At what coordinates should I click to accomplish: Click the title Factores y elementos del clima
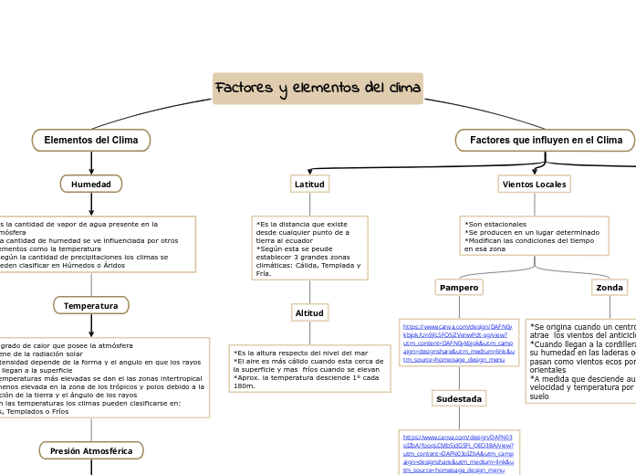318,89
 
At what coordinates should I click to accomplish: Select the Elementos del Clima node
91,140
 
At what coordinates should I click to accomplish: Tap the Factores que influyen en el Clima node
545,140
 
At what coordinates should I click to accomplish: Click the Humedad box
91,185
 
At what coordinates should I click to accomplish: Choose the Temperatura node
91,305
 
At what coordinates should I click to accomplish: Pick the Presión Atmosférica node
91,450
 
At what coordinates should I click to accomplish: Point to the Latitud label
309,185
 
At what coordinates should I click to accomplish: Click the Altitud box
309,313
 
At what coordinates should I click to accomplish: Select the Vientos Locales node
535,185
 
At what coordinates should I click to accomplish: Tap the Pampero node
459,288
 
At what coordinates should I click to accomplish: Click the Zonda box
610,288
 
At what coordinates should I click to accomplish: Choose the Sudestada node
459,398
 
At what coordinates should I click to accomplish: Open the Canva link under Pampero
457,343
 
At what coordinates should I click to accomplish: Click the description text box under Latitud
309,248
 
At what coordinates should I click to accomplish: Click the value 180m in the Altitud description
245,385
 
